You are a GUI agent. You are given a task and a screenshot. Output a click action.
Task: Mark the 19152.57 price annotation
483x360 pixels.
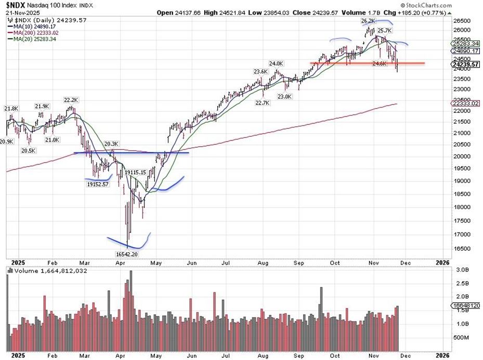click(x=98, y=184)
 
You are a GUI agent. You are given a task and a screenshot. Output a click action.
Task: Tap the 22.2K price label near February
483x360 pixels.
click(x=71, y=99)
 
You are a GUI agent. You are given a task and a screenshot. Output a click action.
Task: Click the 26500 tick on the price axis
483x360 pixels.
click(x=459, y=20)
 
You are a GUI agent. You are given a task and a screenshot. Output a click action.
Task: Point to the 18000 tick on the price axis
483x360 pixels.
click(x=459, y=205)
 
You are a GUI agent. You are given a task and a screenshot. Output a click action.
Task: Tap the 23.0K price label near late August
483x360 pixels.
click(x=285, y=96)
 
